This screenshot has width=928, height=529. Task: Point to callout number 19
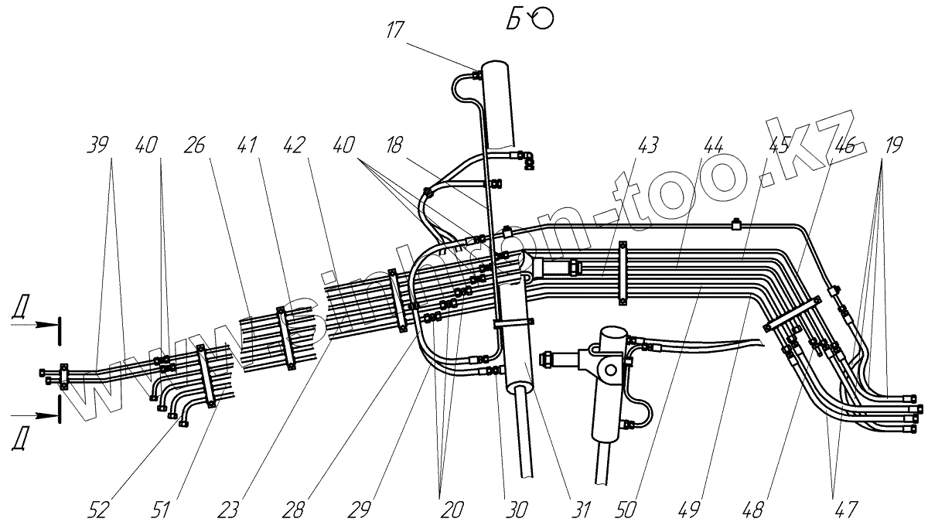click(x=893, y=144)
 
